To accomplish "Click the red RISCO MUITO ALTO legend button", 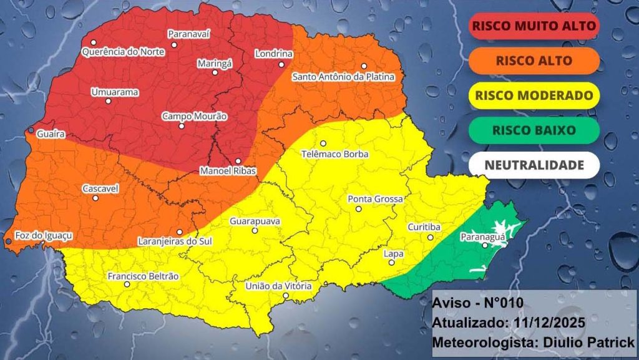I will [534, 26].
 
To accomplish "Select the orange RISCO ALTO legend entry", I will [534, 61].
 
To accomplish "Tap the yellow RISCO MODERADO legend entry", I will [534, 95].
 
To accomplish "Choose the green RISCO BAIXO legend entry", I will [534, 130].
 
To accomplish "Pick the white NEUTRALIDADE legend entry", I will [534, 165].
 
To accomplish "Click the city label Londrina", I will [274, 54].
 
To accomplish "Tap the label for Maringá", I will [215, 63].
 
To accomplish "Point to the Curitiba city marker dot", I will [430, 238].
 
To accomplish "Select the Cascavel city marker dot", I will [95, 198].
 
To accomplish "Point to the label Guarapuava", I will [255, 221].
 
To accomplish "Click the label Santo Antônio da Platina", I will [344, 77].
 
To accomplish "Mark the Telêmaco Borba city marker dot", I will [323, 144].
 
